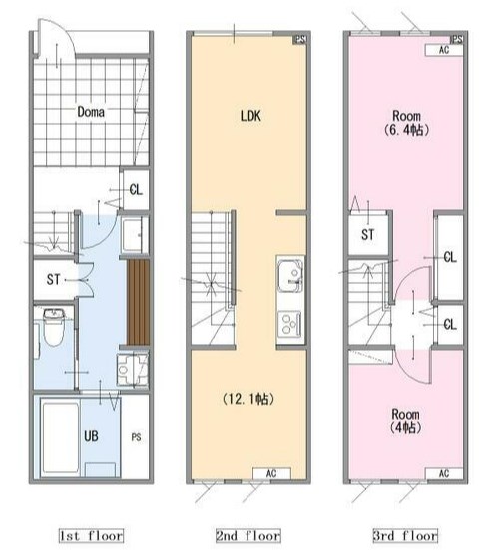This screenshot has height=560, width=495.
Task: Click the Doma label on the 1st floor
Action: (x=91, y=112)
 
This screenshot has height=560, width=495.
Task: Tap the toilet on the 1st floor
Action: (x=53, y=328)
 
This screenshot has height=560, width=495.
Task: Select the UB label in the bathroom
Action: (x=91, y=436)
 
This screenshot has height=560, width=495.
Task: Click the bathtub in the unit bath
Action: (x=61, y=437)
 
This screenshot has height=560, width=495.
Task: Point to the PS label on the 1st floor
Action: (x=136, y=437)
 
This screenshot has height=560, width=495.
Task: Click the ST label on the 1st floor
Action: (x=53, y=279)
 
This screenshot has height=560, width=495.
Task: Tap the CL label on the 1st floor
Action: (x=136, y=189)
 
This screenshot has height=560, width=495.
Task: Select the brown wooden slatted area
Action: (x=138, y=302)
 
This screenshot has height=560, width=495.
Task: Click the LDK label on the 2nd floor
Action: (x=250, y=116)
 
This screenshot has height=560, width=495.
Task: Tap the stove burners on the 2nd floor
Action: (x=289, y=323)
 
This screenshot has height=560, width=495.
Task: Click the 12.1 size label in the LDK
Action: (x=248, y=399)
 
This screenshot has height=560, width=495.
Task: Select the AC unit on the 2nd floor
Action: (x=271, y=473)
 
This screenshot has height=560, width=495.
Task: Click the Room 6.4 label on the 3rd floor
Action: (x=406, y=123)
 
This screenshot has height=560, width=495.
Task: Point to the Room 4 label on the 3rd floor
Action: (x=405, y=420)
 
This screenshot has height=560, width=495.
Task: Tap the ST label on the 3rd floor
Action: (x=367, y=235)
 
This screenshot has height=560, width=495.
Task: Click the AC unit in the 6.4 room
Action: (x=444, y=50)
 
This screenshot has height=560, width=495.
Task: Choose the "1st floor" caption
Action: (x=91, y=536)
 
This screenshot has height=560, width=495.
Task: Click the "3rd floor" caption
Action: (x=405, y=536)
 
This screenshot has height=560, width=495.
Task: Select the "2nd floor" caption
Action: (x=248, y=536)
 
